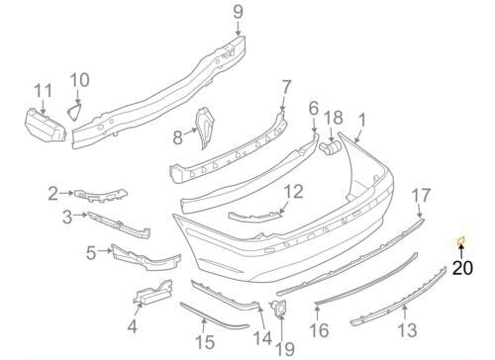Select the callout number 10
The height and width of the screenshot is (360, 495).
80,78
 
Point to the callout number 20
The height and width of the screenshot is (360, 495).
463,265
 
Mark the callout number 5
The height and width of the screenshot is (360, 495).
91,252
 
